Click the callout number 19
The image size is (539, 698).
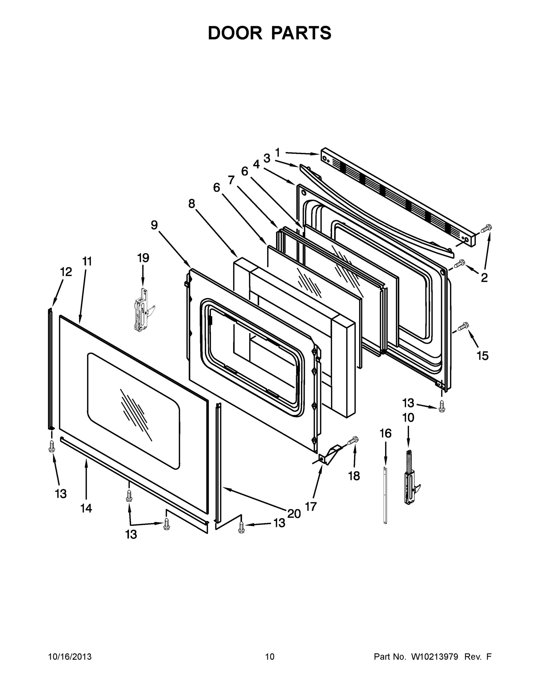coord(143,258)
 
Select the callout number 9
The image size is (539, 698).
coord(154,225)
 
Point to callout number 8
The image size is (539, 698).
coord(191,204)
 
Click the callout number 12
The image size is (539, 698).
coord(66,272)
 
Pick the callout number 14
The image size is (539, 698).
coord(86,508)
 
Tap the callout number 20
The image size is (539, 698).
coord(294,514)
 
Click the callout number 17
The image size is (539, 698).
coord(311,507)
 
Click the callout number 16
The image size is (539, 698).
coord(385,433)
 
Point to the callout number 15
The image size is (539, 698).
coord(482,356)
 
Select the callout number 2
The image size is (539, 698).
coord(484,278)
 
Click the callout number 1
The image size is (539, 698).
coord(277,152)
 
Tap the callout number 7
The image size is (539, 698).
coord(231,180)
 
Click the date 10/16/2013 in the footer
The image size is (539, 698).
coord(70,657)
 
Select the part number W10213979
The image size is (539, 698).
coord(435,657)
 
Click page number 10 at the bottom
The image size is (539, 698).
coord(270,657)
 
